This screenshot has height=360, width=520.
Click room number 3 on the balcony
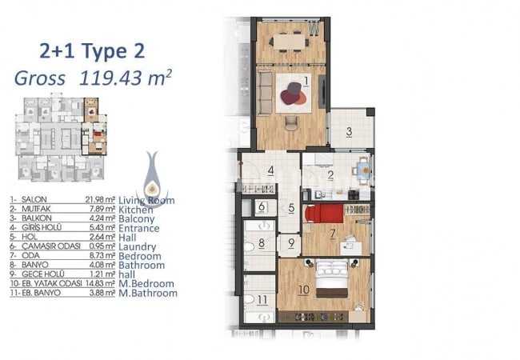(350, 132)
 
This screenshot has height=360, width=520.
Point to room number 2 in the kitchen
(330, 177)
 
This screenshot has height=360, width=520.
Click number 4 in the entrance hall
(271, 169)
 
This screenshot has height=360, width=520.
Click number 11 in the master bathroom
(262, 302)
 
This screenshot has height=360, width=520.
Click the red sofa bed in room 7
(326, 214)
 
